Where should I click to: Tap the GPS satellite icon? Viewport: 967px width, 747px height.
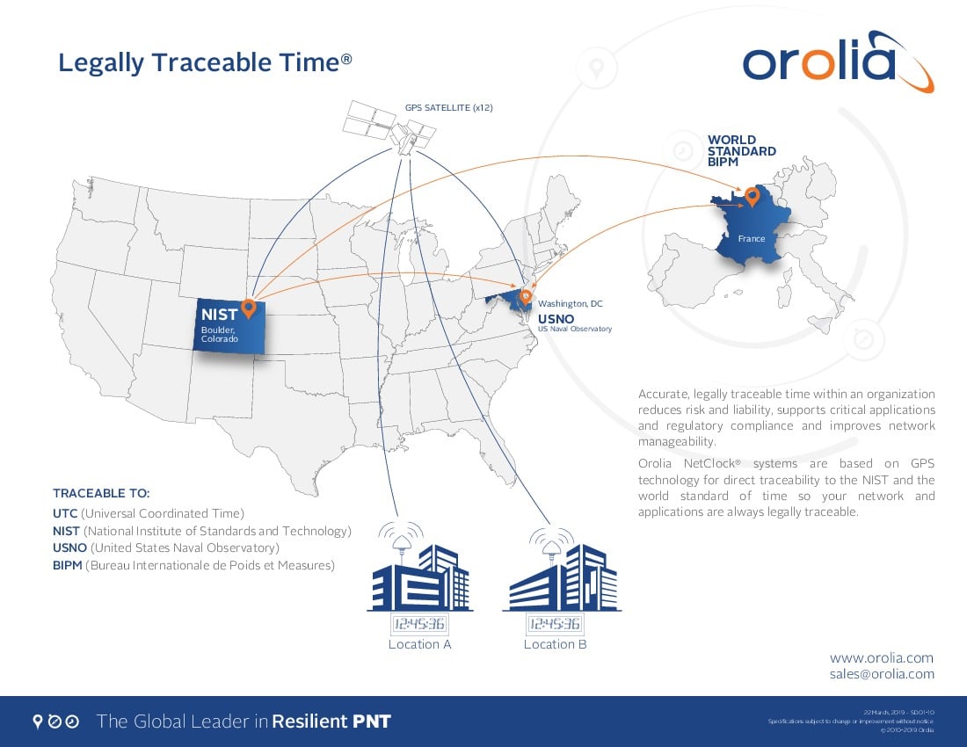tap(390, 128)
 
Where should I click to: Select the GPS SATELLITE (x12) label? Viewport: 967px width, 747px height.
tap(448, 107)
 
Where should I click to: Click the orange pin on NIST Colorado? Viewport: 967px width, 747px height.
tap(248, 308)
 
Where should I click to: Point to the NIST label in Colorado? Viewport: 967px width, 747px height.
tap(219, 315)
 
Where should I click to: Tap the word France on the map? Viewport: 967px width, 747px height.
tap(752, 238)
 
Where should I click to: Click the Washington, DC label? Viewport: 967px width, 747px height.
tap(571, 303)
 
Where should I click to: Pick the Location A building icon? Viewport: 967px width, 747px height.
tap(420, 576)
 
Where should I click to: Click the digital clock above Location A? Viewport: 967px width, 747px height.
tap(419, 625)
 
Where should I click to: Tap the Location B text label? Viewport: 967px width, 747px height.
tap(555, 644)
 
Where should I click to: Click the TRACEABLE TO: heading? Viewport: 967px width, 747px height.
tap(101, 493)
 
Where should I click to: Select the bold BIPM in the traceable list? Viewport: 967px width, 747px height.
tap(68, 566)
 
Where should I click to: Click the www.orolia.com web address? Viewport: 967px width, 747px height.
tap(882, 657)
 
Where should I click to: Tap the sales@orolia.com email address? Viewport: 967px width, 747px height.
tap(882, 674)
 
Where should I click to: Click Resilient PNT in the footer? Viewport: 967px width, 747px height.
tap(331, 722)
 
